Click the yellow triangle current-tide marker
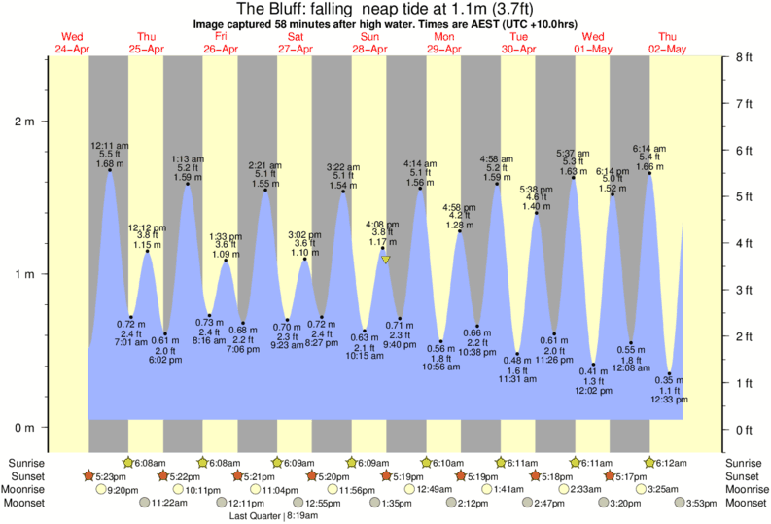point(386,260)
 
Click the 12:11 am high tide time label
point(109,146)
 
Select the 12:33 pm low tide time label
point(669,400)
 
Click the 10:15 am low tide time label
point(366,357)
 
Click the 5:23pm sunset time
point(113,476)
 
